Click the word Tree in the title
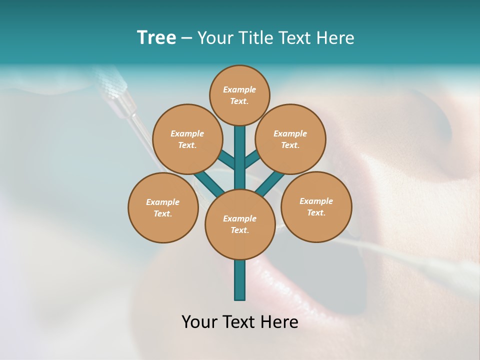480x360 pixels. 156,38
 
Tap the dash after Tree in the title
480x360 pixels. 186,38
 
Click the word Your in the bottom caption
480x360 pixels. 200,322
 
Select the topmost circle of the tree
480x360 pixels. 239,95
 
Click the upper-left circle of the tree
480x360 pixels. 187,139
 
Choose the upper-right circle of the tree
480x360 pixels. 290,139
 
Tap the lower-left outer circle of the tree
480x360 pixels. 163,207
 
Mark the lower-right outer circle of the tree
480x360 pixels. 316,206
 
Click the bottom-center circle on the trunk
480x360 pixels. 240,224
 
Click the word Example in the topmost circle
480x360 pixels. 239,89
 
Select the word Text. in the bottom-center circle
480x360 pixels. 240,230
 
